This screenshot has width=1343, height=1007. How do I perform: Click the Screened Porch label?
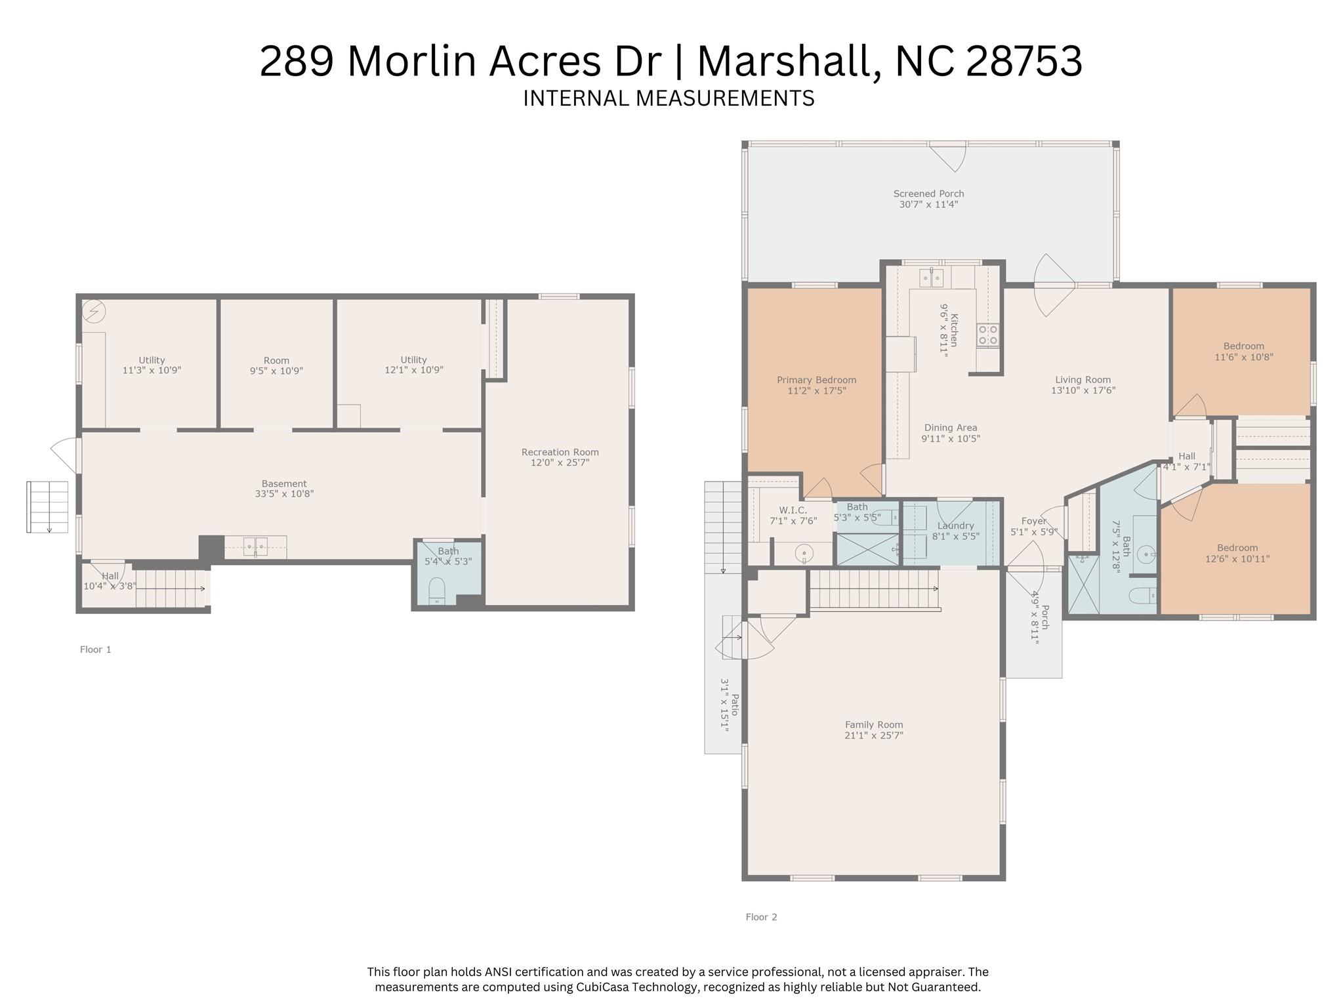[x=928, y=194]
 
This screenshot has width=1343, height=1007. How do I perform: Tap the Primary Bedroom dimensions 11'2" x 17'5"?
[x=816, y=391]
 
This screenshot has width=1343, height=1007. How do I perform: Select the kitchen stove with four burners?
[x=988, y=335]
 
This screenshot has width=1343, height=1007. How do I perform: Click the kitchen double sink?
[x=931, y=278]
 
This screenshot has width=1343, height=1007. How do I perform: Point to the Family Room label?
[x=873, y=724]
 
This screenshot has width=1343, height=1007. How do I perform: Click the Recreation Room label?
[x=560, y=452]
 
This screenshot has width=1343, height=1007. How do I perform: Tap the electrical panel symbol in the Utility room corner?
[x=94, y=311]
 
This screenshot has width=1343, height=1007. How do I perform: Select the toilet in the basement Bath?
[x=436, y=590]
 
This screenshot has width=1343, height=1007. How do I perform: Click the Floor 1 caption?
[x=96, y=649]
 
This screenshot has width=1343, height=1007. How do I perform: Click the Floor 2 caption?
[x=761, y=917]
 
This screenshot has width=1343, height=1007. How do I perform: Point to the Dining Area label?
[x=950, y=428]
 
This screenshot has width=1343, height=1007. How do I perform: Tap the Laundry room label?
[x=955, y=525]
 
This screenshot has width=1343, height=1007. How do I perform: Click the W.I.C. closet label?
[x=793, y=510]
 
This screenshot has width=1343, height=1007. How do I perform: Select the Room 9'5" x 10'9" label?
[x=276, y=360]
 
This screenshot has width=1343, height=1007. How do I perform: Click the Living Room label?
[x=1083, y=379]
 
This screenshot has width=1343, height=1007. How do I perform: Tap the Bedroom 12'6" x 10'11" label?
[x=1237, y=548]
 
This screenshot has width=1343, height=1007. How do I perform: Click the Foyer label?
[x=1033, y=521]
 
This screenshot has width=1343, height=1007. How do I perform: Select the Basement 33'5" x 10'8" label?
[x=284, y=483]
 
